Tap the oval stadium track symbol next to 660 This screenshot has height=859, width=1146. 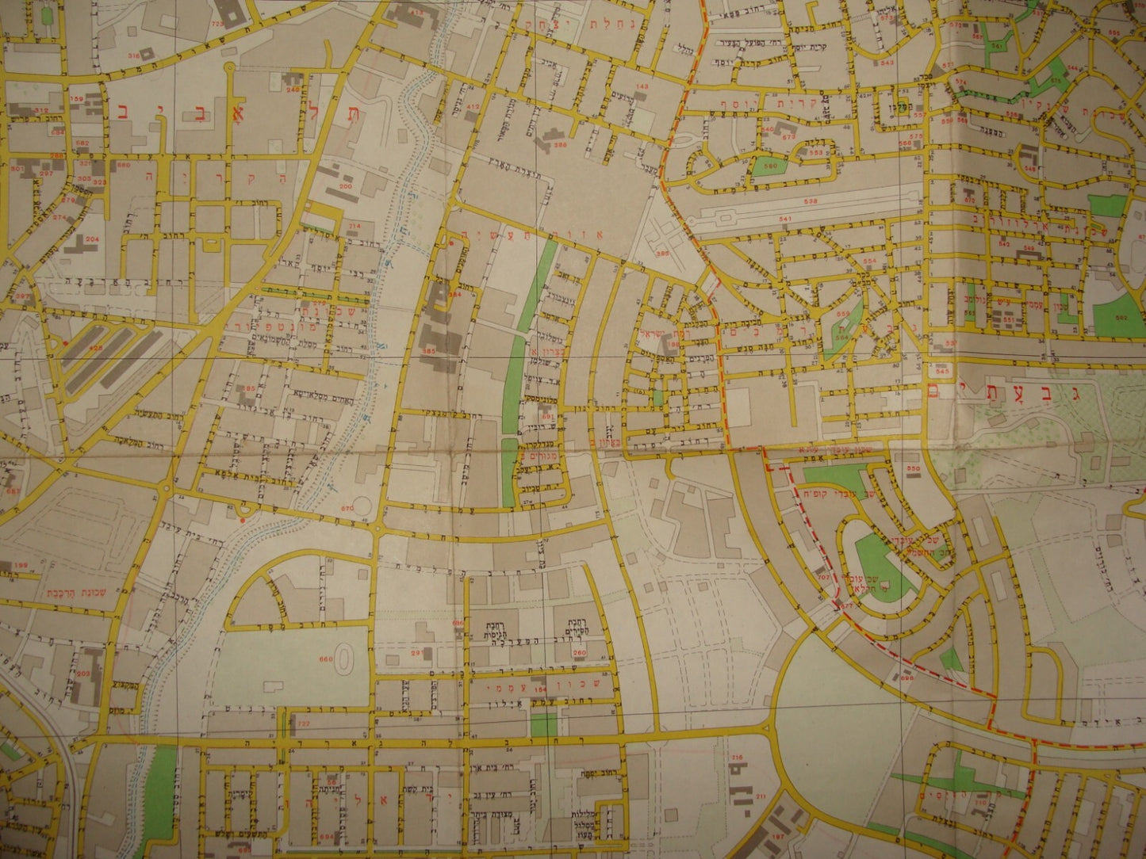click(345, 658)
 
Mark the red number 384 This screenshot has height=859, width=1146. click(454, 295)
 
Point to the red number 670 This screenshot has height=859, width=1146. click(346, 509)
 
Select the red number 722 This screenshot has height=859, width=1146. click(301, 723)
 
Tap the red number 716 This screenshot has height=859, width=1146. click(736, 758)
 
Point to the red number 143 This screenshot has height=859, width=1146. click(642, 86)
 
